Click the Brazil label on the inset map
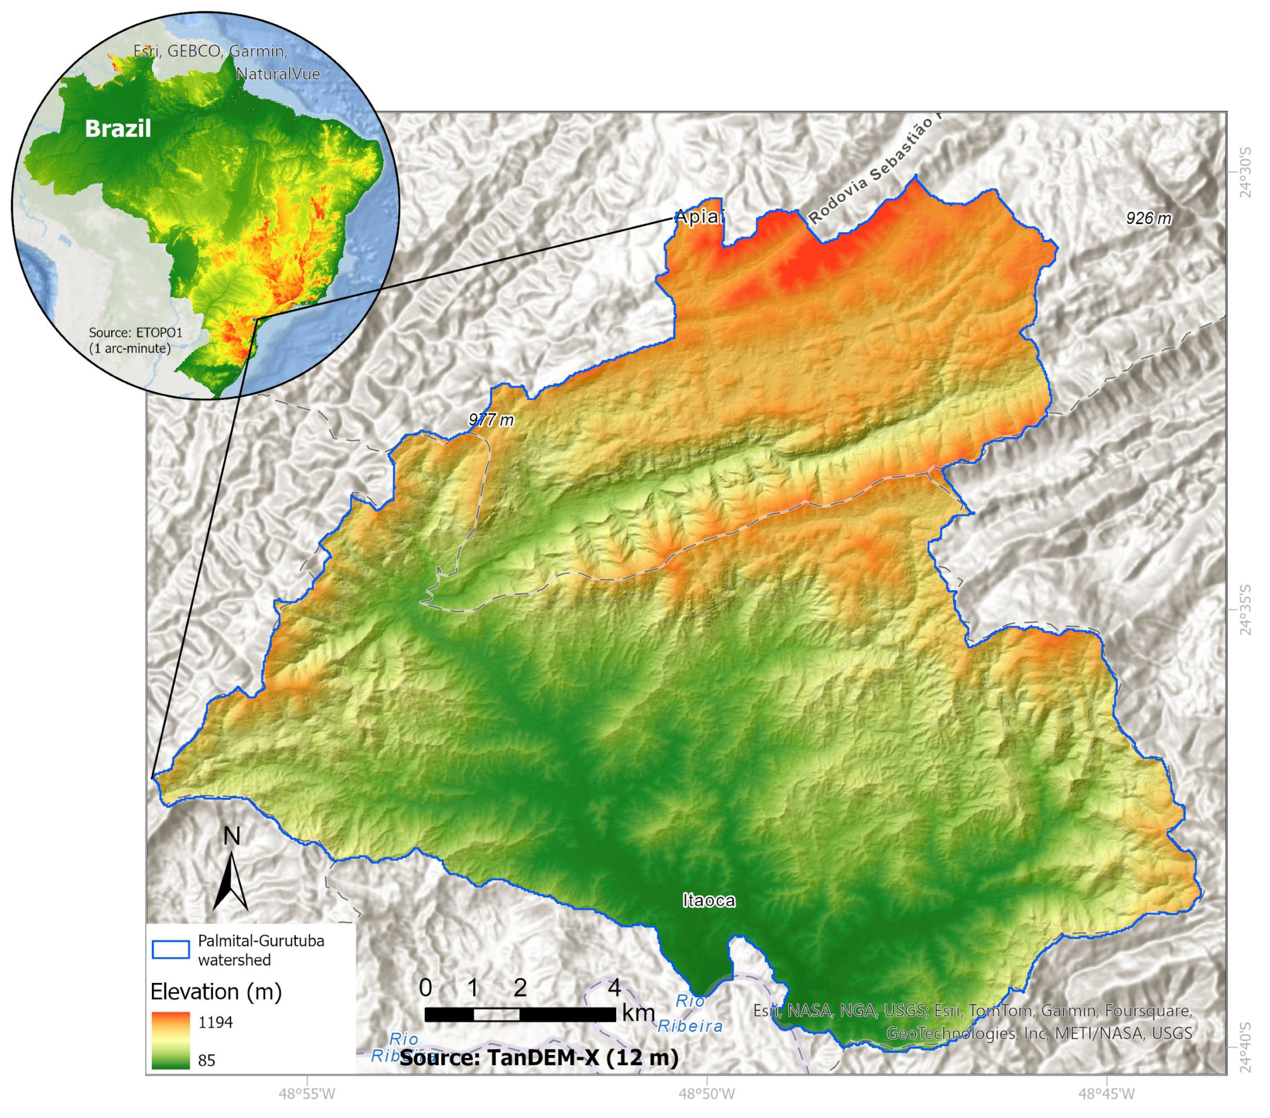click(x=118, y=129)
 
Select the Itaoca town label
click(x=708, y=901)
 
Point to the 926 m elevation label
click(x=1148, y=218)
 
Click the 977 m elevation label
click(x=492, y=420)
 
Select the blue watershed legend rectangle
click(x=171, y=950)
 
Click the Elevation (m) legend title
click(x=215, y=991)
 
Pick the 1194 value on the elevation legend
click(x=215, y=1022)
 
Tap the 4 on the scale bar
click(x=614, y=987)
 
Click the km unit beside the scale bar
click(x=638, y=1013)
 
